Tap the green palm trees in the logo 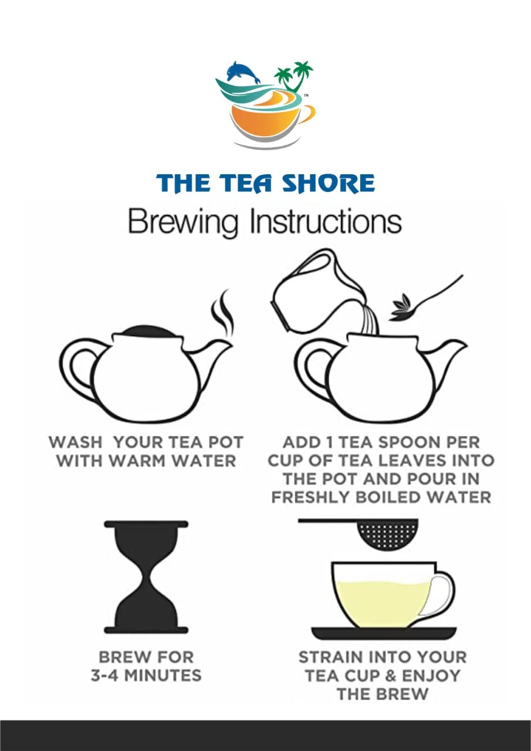coord(293,76)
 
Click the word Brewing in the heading coord(184,222)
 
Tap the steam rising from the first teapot coord(222,313)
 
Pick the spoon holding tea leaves coord(426,299)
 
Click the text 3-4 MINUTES coord(146,675)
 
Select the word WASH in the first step coord(76,442)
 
